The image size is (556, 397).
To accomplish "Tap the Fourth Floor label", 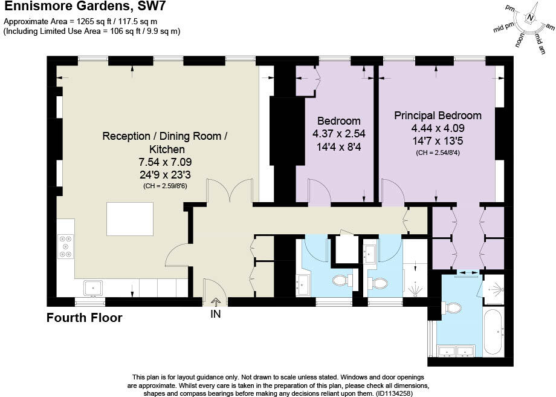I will (x=85, y=318).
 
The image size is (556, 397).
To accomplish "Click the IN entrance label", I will (x=216, y=315).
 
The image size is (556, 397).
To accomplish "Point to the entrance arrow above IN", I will (x=216, y=303).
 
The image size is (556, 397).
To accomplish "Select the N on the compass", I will (x=530, y=18).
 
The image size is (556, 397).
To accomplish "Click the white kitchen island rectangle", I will (x=130, y=218).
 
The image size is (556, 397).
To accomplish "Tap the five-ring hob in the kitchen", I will (x=65, y=246).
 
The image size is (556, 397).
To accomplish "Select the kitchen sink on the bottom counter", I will (x=92, y=288).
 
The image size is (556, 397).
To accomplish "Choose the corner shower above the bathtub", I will (x=494, y=290).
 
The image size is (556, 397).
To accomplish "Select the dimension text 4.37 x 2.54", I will (x=338, y=134).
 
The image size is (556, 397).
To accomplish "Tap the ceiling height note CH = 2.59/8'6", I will (x=165, y=186).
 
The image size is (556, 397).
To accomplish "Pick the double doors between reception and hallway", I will (x=229, y=192).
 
